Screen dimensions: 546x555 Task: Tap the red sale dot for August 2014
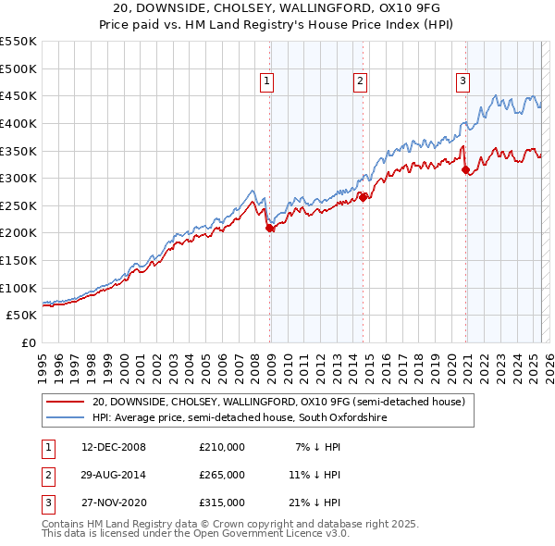(x=364, y=196)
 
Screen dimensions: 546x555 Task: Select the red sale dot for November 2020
(x=465, y=169)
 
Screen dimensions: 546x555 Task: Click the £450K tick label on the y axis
(x=18, y=95)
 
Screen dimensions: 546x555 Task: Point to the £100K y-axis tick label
(x=18, y=288)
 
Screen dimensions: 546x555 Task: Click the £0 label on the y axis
(x=28, y=342)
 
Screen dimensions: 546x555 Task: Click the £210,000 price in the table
(x=221, y=447)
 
